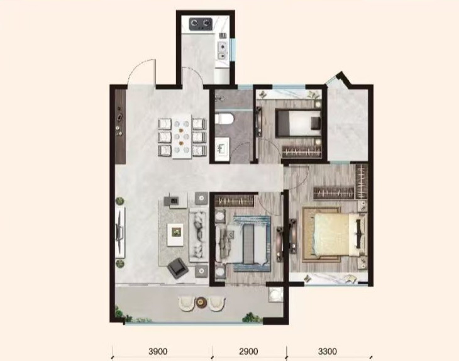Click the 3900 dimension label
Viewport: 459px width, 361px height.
(x=158, y=352)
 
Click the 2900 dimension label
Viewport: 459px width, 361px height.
(x=248, y=352)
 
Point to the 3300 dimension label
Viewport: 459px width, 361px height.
(x=327, y=352)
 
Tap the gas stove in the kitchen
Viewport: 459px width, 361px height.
(x=201, y=24)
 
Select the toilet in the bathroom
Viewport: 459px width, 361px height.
(x=224, y=119)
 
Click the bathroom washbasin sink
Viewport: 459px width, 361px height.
(x=222, y=149)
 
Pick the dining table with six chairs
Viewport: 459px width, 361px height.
(x=182, y=136)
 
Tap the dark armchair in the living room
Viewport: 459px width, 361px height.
(x=178, y=267)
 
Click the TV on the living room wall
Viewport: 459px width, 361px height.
(x=119, y=233)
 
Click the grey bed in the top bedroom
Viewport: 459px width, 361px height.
(x=298, y=123)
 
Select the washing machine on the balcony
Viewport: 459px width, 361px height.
(x=276, y=294)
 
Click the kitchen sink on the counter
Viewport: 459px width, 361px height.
(x=223, y=50)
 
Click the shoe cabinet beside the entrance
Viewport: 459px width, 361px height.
(x=120, y=126)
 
